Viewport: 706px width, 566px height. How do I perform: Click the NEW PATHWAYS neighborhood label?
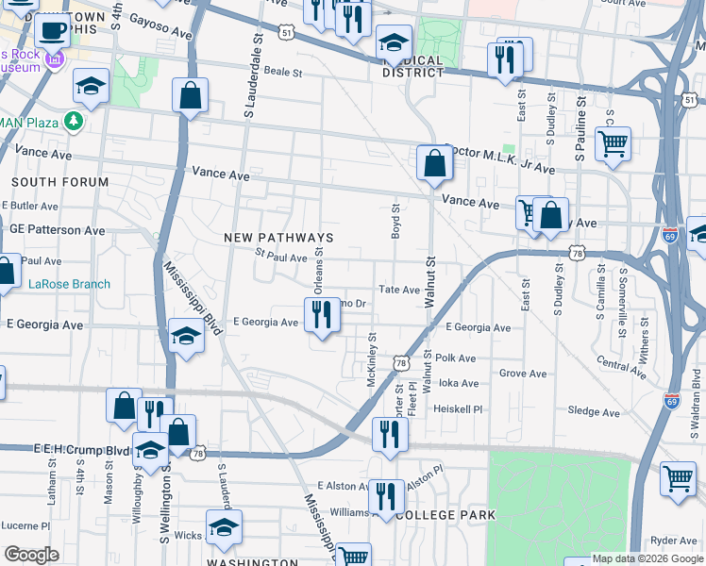pos(278,238)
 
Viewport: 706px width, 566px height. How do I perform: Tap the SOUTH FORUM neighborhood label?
pos(59,181)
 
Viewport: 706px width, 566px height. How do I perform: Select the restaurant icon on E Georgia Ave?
pos(322,318)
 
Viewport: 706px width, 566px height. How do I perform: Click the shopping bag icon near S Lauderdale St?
pos(190,96)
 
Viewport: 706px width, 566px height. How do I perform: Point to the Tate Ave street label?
pos(398,291)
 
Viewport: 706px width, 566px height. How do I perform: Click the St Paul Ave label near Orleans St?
pos(281,257)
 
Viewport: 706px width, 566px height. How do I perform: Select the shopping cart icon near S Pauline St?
pos(613,145)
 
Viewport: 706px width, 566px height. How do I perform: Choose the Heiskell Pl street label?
pos(458,409)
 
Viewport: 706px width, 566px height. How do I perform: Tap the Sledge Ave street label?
pos(594,412)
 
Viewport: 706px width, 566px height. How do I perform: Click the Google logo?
pos(31,555)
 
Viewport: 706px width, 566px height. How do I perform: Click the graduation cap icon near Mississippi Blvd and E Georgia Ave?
pos(186,338)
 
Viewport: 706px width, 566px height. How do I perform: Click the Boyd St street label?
pos(396,221)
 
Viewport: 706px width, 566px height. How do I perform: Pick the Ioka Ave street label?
pos(459,384)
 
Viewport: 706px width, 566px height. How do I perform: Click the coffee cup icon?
pos(52,29)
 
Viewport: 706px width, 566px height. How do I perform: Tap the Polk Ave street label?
pos(456,358)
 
